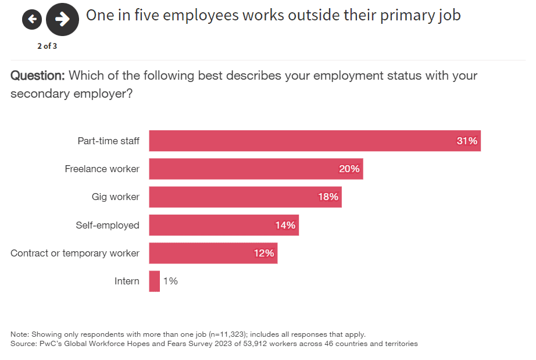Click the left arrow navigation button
tap(32, 20)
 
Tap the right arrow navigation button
tap(62, 19)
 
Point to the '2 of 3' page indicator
tap(47, 47)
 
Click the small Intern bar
tap(154, 281)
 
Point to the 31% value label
tap(466, 141)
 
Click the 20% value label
tap(349, 169)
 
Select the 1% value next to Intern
tap(170, 281)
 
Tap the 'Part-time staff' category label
tap(108, 141)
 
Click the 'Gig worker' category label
tap(115, 197)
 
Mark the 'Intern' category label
tap(127, 281)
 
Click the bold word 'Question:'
tap(37, 76)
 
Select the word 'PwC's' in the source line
tap(52, 344)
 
